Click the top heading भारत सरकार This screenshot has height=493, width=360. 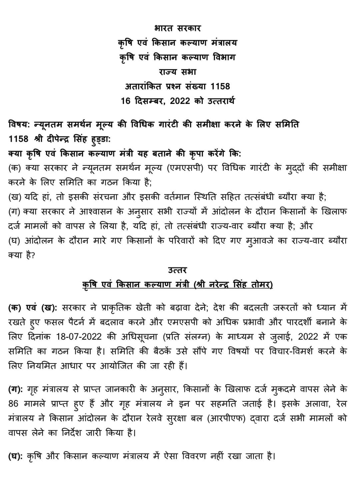coord(178,28)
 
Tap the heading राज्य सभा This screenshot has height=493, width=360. coord(178,72)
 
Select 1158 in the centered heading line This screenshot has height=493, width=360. coord(220,86)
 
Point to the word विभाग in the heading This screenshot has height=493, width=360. coord(222,57)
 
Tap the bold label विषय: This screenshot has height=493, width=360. coord(19,125)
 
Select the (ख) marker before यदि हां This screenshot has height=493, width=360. coord(15,197)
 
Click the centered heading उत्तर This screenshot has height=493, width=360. coord(178,270)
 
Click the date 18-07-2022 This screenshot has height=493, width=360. coord(79,337)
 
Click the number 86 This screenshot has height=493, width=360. coord(13,404)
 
